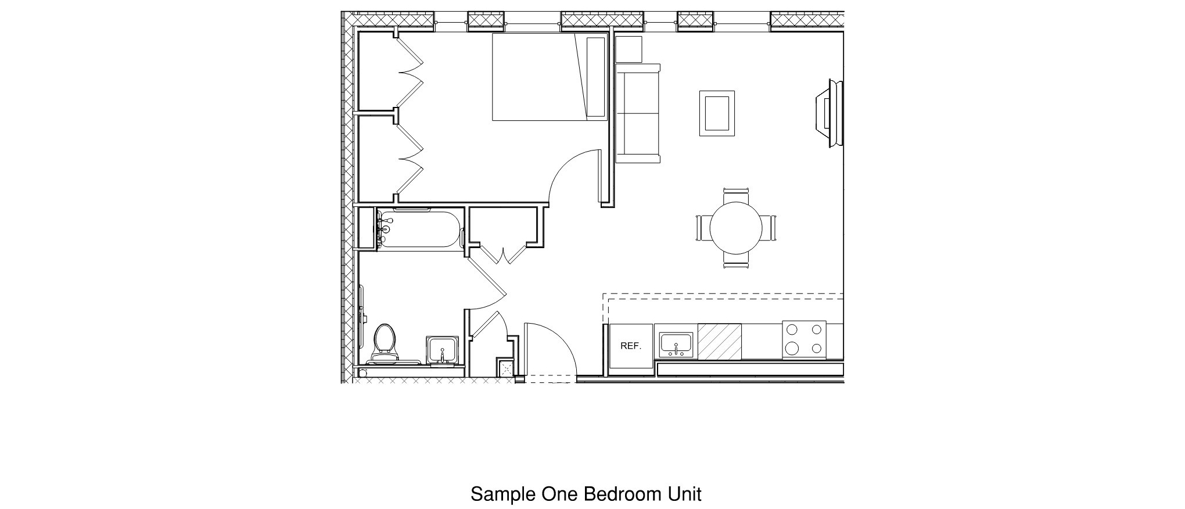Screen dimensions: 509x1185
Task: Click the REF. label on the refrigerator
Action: tap(630, 346)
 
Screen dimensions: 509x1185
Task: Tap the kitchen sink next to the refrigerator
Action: tap(676, 345)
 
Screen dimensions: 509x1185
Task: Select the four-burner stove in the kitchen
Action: tap(804, 340)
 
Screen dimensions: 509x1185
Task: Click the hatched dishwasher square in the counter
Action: tap(719, 342)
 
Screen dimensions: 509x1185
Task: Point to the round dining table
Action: tap(736, 228)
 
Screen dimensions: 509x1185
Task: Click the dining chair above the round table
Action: tap(736, 193)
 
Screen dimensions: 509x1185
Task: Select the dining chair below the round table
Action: tap(736, 261)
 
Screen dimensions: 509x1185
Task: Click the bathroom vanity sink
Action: tap(443, 350)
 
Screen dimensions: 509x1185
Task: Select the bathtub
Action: tap(419, 230)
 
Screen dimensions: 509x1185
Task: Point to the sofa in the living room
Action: tap(637, 113)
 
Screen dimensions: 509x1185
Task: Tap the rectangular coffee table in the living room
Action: tap(717, 113)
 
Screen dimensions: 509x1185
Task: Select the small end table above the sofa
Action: tap(629, 49)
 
